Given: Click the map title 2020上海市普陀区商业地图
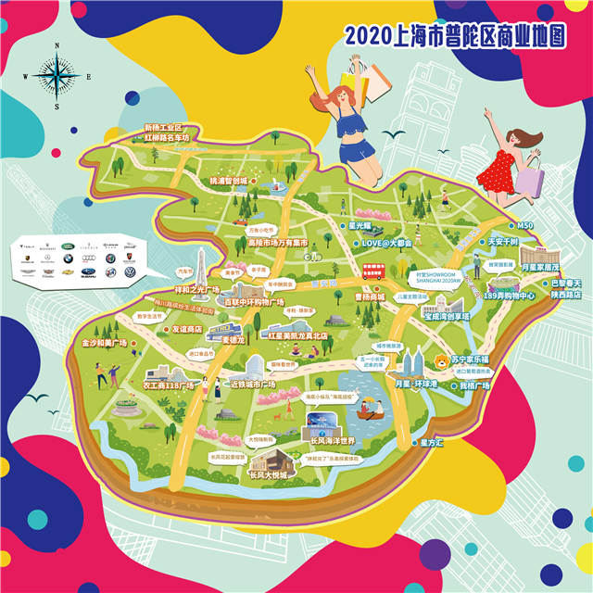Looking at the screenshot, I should pos(455,36).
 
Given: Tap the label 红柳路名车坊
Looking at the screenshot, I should pos(168,138).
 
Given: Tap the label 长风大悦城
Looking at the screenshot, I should pos(269,474).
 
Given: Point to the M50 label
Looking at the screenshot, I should pos(526,225).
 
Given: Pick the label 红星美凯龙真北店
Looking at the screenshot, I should pos(301,334).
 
